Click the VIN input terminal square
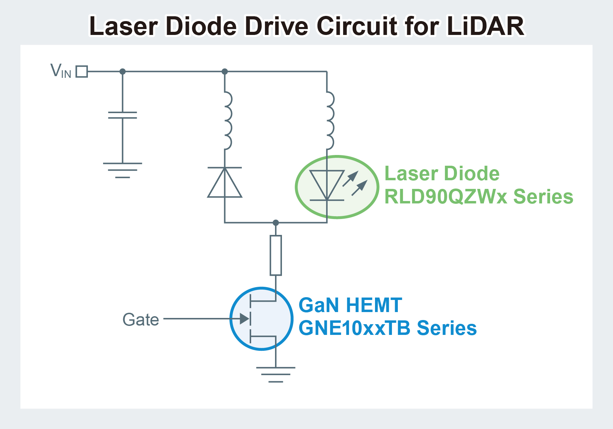point(82,72)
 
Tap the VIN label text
point(61,71)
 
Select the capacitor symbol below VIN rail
point(122,115)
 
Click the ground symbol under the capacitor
point(122,170)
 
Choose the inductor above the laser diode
point(329,120)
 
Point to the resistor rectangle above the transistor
point(276,255)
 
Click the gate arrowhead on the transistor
point(245,319)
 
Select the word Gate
point(141,320)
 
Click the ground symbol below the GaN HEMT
point(276,374)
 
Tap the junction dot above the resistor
point(276,222)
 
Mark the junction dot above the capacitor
point(122,72)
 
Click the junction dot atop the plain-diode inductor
point(225,72)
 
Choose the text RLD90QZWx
point(446,197)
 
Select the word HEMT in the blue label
point(374,305)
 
